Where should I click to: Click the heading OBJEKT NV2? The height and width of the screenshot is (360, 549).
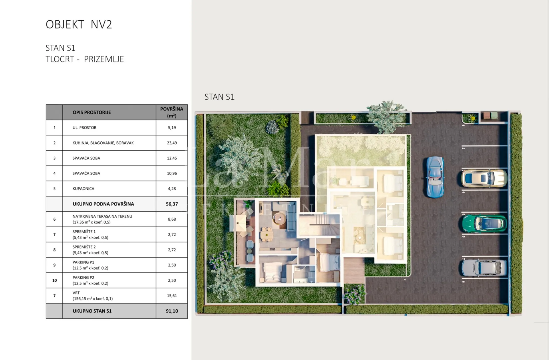[79, 25]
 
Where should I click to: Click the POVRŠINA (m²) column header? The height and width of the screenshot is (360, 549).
[172, 112]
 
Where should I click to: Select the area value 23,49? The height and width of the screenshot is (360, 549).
[172, 143]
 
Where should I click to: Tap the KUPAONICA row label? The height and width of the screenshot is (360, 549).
[83, 189]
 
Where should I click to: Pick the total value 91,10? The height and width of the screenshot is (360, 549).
[172, 311]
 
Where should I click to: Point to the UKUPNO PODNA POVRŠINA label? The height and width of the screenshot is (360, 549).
[103, 204]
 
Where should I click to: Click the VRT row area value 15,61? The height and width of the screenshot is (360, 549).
[172, 296]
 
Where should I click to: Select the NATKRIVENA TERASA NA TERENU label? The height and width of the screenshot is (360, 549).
[102, 216]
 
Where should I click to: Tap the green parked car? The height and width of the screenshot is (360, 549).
[484, 223]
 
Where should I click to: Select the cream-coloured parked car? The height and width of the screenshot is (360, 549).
[484, 178]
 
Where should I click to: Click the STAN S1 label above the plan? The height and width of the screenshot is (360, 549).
[219, 97]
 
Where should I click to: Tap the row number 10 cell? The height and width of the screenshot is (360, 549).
[54, 280]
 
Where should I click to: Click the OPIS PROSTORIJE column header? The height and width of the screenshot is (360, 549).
[91, 112]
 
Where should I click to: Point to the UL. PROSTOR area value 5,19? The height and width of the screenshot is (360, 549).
[172, 128]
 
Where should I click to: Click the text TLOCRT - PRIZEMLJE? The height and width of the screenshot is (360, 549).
[85, 59]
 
